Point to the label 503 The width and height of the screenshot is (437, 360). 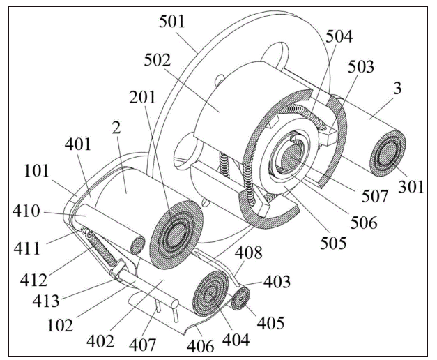coord(360,68)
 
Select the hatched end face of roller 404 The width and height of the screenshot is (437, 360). coord(213,297)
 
